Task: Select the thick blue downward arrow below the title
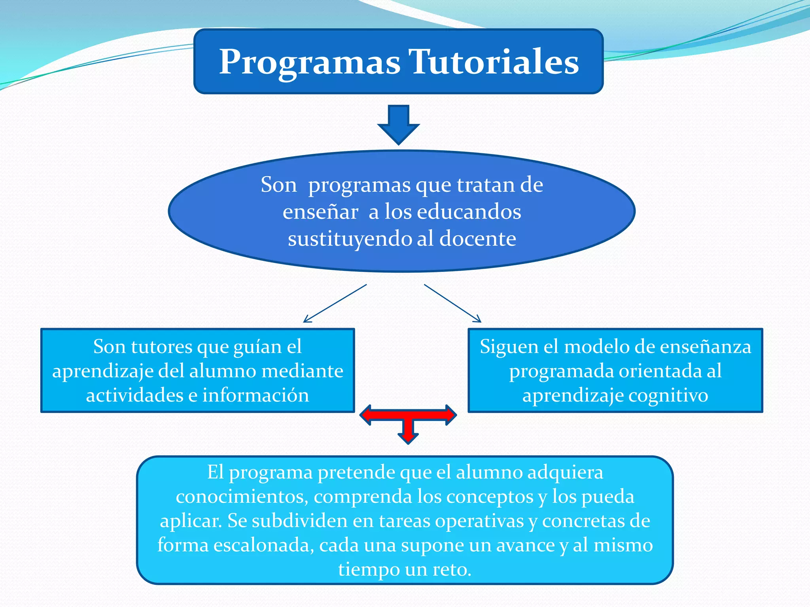pyautogui.click(x=398, y=124)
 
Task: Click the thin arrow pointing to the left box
pyautogui.click(x=334, y=303)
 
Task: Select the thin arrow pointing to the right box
pyautogui.click(x=453, y=303)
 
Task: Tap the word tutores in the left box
pyautogui.click(x=162, y=347)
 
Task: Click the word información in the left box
pyautogui.click(x=255, y=395)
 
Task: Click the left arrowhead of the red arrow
pyautogui.click(x=366, y=415)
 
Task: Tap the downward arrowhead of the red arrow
pyautogui.click(x=408, y=438)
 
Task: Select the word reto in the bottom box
pyautogui.click(x=451, y=569)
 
